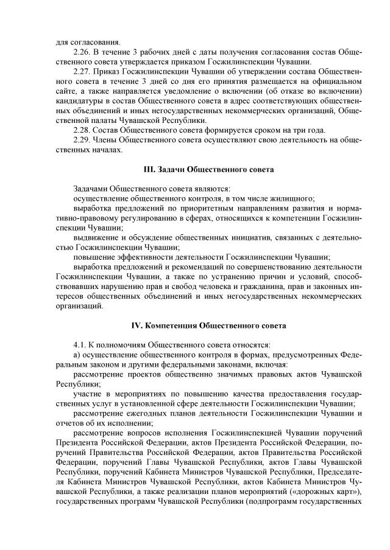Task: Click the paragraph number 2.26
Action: tap(81, 52)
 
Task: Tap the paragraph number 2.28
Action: tap(81, 130)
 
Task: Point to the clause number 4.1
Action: tap(79, 345)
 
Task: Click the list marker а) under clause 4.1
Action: tap(76, 355)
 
